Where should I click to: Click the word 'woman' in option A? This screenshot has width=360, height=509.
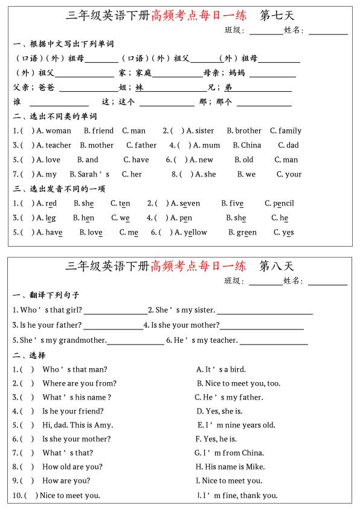click(x=58, y=131)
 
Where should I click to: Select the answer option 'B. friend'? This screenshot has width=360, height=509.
click(x=98, y=131)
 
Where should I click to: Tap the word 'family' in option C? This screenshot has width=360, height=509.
click(x=290, y=131)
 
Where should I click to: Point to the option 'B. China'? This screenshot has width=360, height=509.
click(x=247, y=145)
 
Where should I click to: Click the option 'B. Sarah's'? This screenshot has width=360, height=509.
click(x=93, y=174)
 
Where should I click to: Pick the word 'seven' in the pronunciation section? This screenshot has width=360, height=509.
click(x=190, y=204)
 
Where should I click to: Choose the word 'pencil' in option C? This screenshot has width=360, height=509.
click(x=283, y=204)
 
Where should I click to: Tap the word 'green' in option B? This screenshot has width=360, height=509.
click(x=246, y=232)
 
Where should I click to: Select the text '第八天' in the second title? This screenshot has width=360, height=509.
click(x=276, y=266)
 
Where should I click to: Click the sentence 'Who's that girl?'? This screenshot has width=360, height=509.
click(x=47, y=310)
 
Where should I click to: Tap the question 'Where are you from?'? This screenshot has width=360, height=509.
click(x=79, y=383)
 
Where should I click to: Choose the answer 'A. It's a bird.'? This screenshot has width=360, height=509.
click(x=220, y=369)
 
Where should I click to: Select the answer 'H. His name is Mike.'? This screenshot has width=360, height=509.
click(x=230, y=467)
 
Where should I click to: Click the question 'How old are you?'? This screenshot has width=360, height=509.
click(x=72, y=467)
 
